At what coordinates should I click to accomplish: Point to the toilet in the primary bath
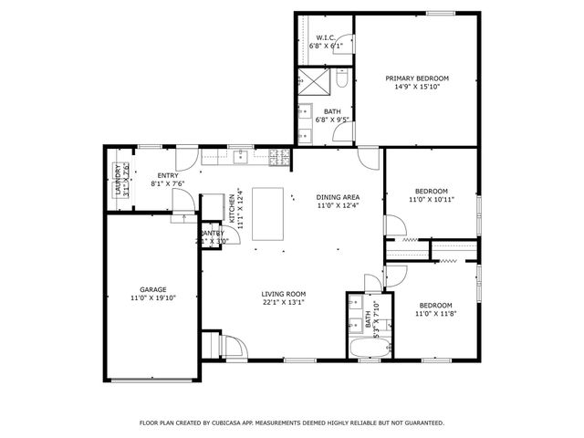click(341, 81)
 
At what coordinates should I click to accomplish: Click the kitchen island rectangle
click(269, 214)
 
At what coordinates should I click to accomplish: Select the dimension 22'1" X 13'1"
click(283, 302)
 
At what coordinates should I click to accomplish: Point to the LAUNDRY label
click(119, 181)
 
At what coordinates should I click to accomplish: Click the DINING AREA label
click(338, 197)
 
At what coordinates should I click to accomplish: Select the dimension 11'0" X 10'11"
click(431, 199)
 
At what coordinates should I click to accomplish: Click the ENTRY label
click(167, 175)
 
